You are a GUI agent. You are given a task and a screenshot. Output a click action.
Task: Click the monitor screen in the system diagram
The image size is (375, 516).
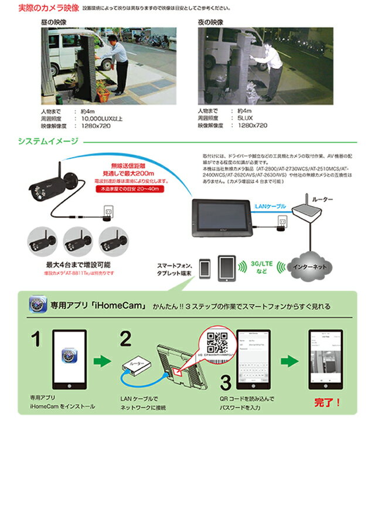tap(223, 216)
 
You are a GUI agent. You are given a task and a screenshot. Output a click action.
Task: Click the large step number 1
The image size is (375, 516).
tap(36, 338)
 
